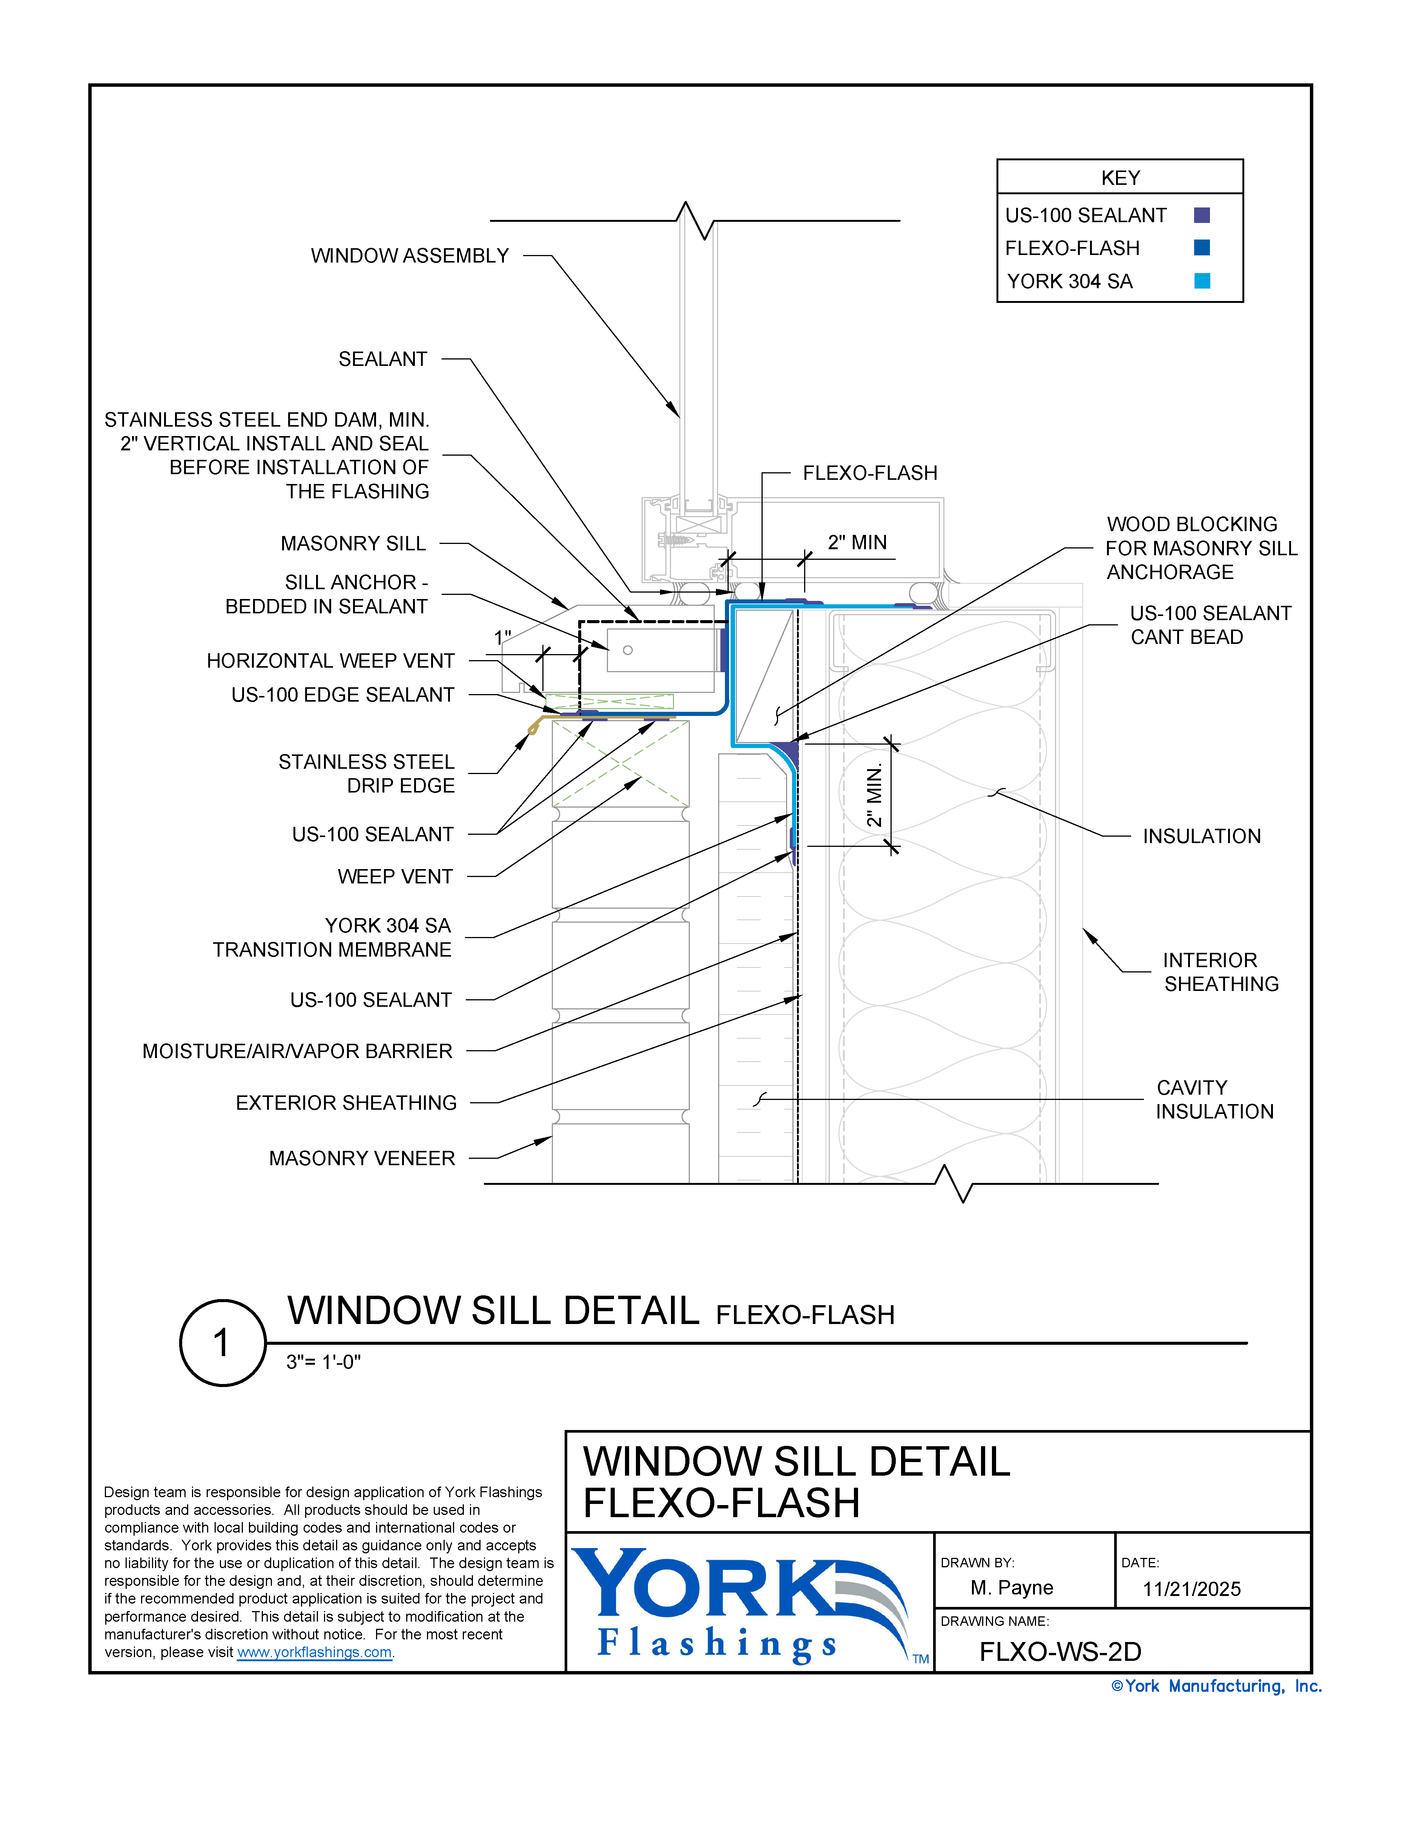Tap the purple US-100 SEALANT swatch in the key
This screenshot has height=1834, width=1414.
coord(1202,216)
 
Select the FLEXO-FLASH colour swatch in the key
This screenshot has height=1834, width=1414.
coord(1202,248)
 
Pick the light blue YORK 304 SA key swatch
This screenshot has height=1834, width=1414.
coord(1202,281)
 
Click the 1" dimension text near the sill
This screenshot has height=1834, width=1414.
coord(502,637)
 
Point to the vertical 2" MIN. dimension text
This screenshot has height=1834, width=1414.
coord(874,794)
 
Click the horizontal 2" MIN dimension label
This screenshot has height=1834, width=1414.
coord(857,542)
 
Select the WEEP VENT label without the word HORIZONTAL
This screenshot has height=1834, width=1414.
coord(395,877)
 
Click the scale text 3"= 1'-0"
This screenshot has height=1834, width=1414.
coord(323,1362)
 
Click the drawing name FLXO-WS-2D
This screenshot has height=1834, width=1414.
coord(1060,1652)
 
